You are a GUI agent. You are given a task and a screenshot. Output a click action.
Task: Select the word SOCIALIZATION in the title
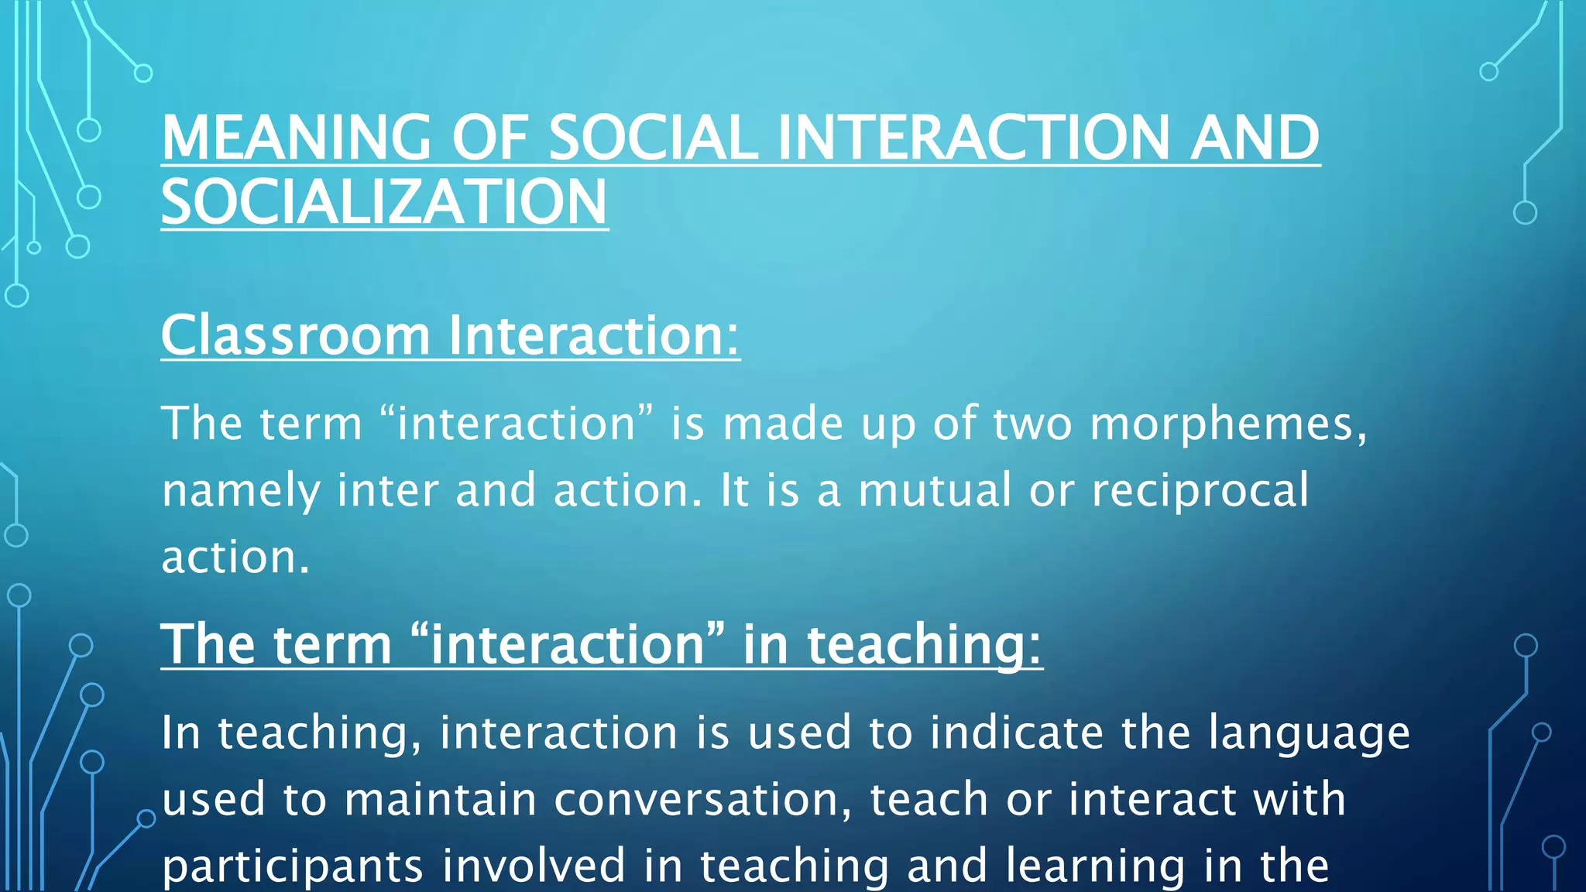tap(384, 202)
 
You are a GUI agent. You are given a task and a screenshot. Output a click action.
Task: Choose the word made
tap(782, 424)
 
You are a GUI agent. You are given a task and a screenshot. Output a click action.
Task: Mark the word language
tap(1309, 733)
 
